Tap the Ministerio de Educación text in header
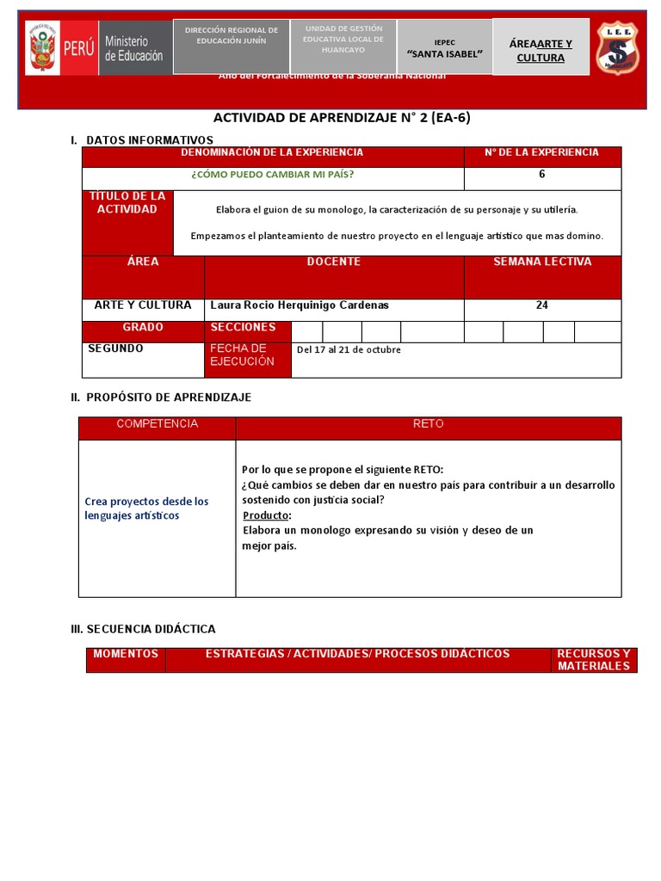click(133, 48)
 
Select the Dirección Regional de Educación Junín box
click(231, 36)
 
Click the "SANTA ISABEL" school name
click(444, 54)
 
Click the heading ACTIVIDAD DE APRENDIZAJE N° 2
click(342, 119)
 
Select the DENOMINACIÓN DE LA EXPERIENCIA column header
click(272, 152)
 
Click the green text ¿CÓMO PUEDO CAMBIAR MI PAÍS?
click(272, 175)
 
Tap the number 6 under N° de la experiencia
click(541, 174)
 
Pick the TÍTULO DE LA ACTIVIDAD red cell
click(127, 203)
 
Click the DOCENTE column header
click(333, 262)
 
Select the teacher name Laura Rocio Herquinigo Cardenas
click(300, 305)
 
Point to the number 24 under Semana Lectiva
click(541, 305)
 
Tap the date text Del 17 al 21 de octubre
click(349, 349)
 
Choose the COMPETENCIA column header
click(157, 424)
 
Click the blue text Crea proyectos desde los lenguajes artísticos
click(146, 508)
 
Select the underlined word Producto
click(266, 514)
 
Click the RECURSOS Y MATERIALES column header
click(593, 660)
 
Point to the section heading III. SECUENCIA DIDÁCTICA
click(143, 629)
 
